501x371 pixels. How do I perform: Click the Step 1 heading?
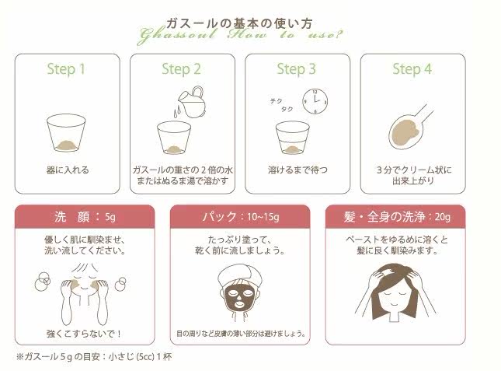66,69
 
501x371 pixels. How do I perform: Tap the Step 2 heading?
181,69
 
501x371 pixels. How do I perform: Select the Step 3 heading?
296,69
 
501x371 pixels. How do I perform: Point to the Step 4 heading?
412,69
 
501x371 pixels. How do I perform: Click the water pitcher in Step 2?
192,102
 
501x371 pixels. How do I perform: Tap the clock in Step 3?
315,101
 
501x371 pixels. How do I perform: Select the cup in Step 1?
66,133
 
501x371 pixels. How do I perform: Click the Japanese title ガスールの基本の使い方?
239,23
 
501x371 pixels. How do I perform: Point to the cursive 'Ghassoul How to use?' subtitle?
240,35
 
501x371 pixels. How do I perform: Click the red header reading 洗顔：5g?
85,216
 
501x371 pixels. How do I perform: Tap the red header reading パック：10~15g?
240,216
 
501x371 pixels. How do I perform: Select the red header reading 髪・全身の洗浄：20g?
395,216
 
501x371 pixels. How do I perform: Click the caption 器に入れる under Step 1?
68,170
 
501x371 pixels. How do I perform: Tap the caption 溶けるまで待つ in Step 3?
297,170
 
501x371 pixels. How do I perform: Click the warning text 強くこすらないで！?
84,334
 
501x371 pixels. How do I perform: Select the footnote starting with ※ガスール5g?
94,356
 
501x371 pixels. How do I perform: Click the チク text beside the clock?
276,101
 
